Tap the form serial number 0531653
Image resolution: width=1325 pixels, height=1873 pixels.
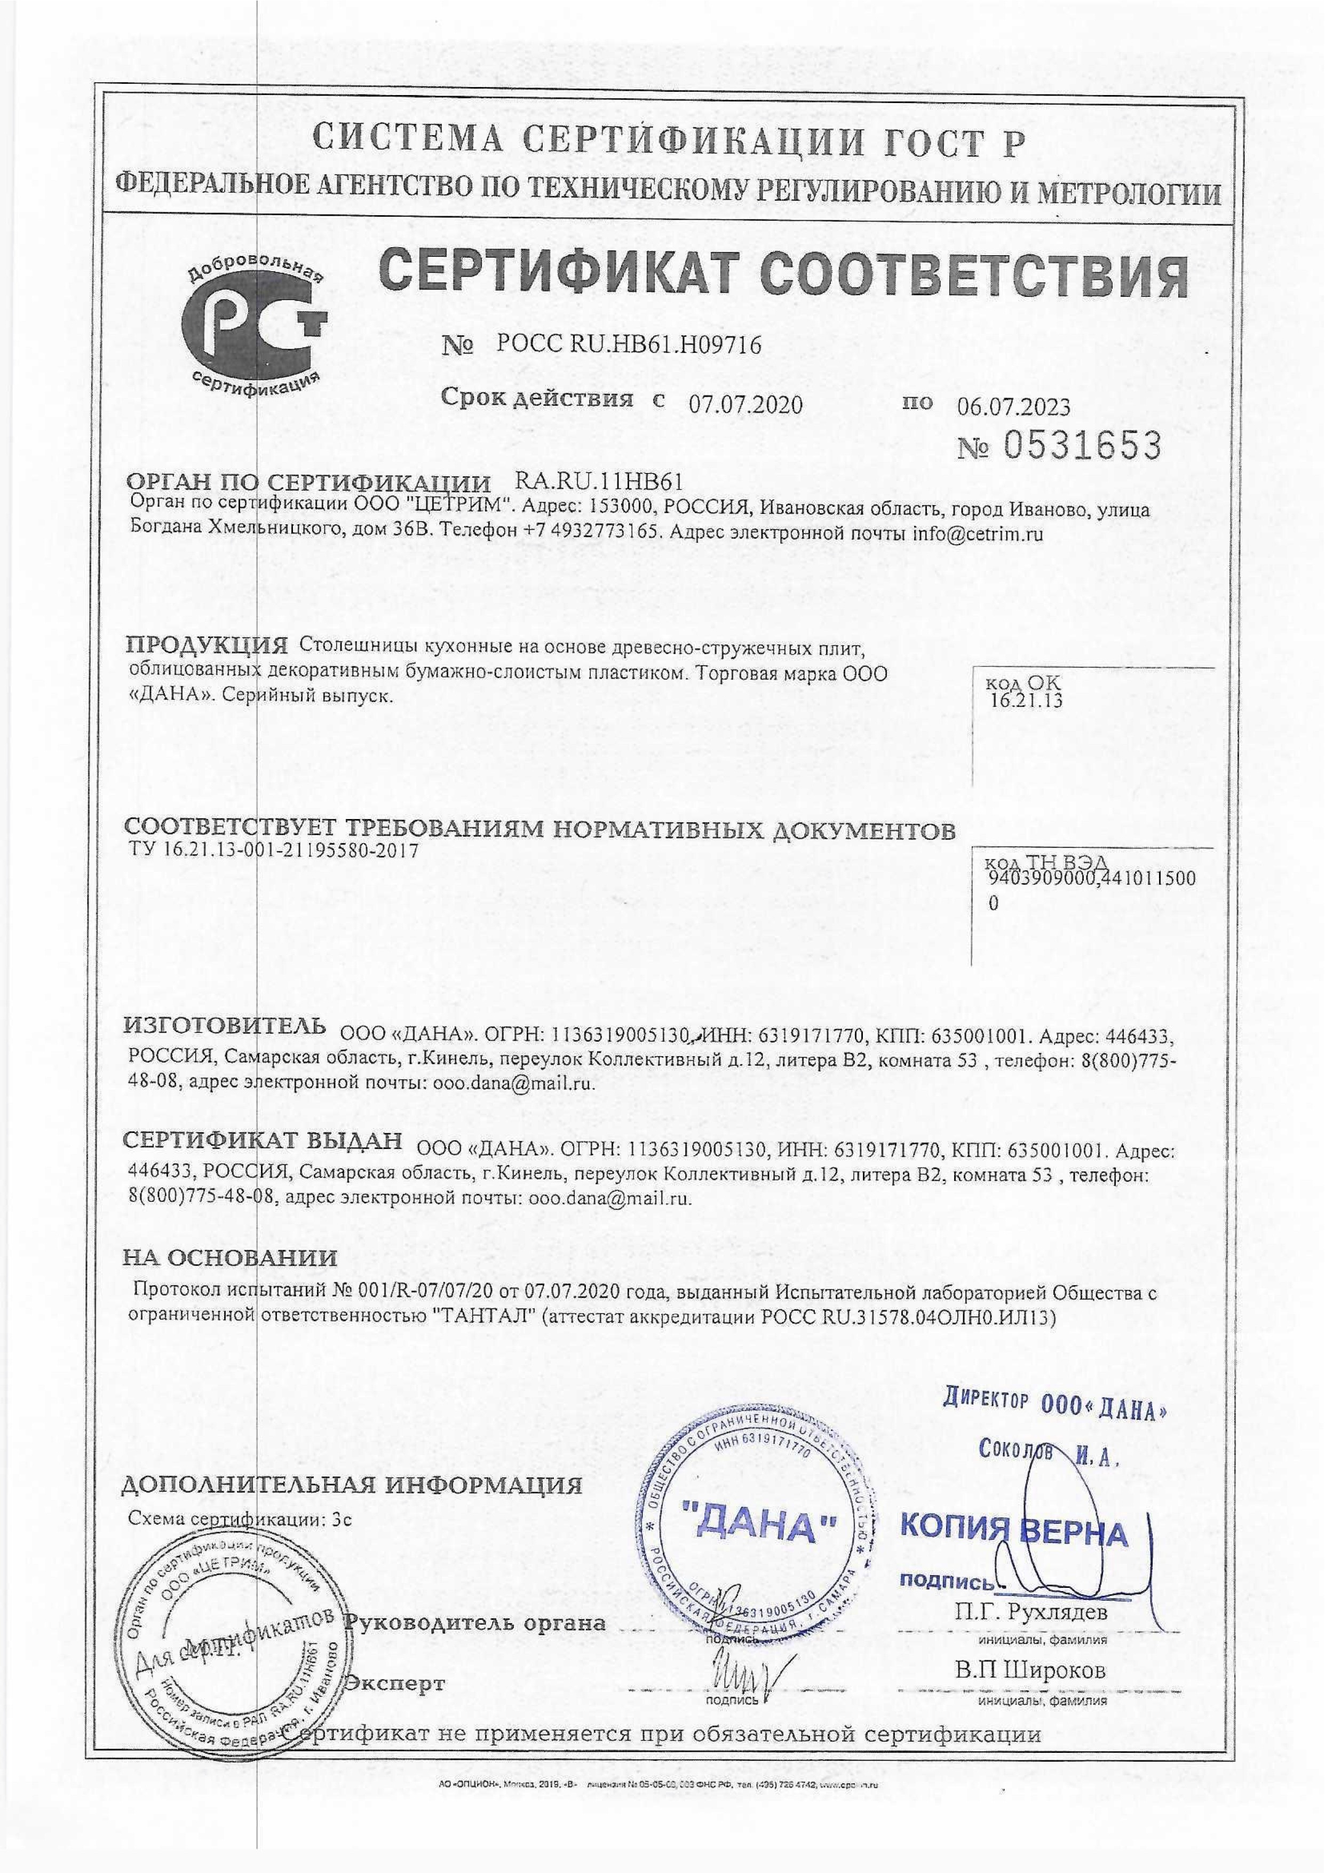point(1081,446)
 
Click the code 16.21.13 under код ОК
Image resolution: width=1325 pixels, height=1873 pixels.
point(1026,699)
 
